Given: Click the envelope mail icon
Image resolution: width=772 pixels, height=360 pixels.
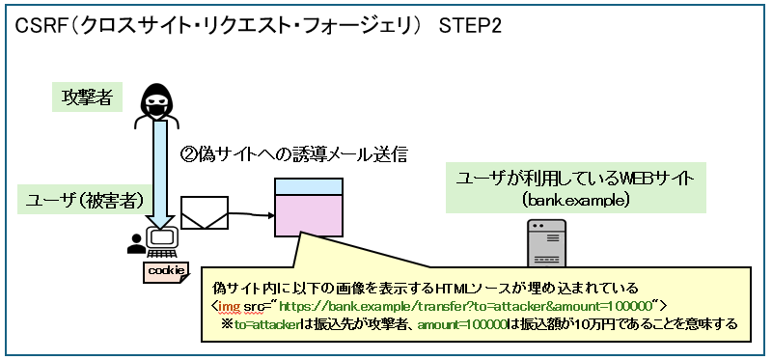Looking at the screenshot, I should click(204, 213).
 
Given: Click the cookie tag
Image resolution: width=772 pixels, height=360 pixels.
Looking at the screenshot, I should click(166, 270).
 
